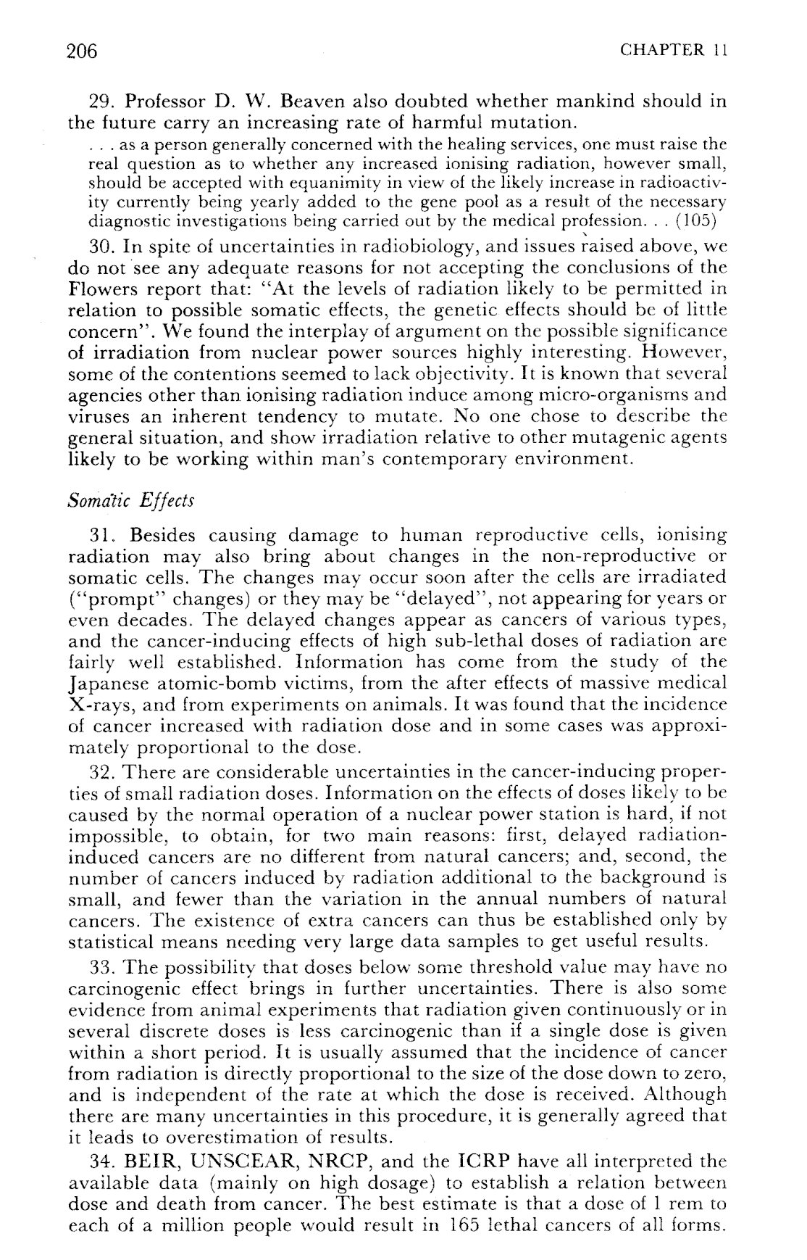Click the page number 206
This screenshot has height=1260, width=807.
click(x=82, y=51)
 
